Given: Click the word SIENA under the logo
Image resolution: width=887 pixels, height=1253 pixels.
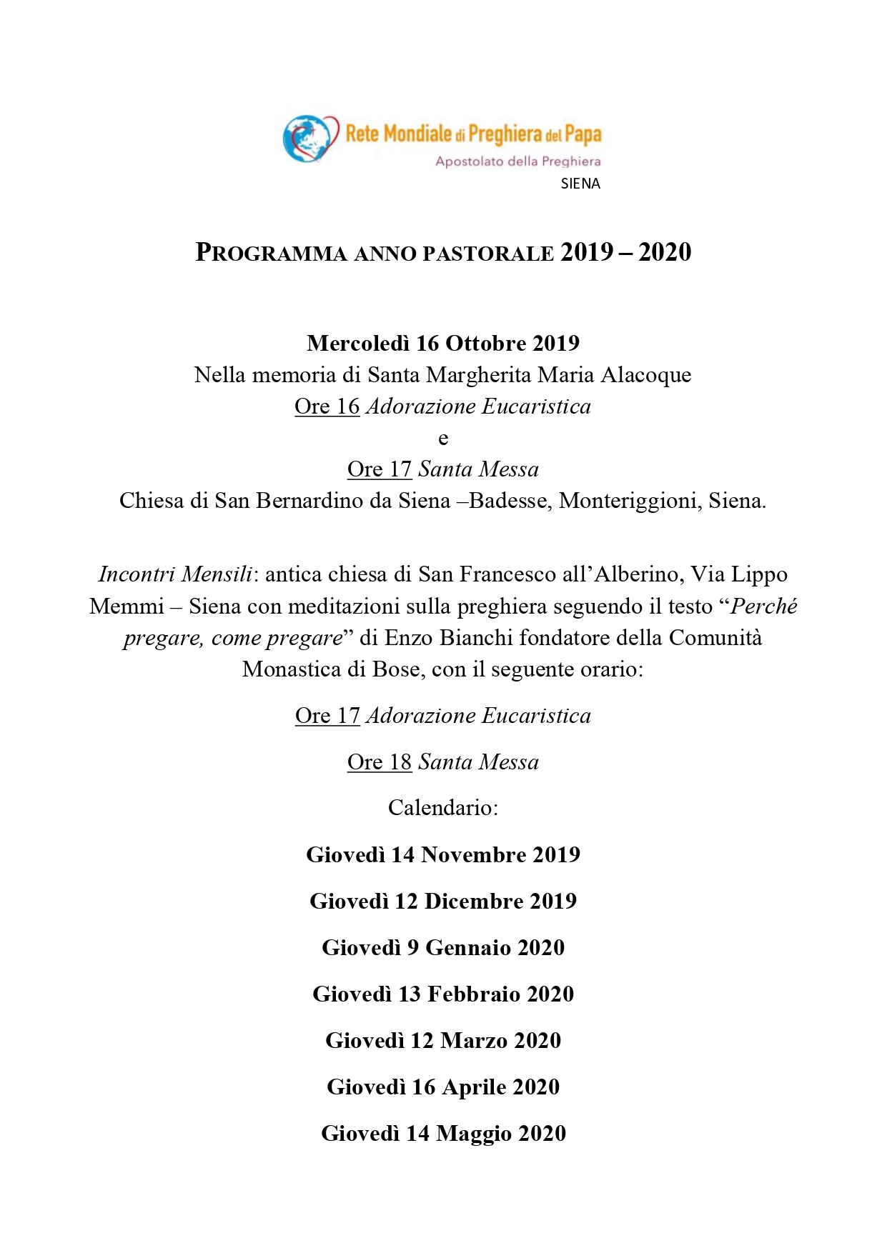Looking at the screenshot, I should pos(580,184).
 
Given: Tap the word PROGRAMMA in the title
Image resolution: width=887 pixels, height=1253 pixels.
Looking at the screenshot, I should pos(271,253).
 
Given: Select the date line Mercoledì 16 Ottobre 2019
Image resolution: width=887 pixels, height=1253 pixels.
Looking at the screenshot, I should pos(443,344).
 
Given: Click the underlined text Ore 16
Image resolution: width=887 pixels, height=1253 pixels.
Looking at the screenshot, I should pos(327,406).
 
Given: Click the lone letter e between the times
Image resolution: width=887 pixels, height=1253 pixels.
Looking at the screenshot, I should pos(443,439).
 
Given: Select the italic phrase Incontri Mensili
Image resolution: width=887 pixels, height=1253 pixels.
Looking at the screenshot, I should pos(175,574).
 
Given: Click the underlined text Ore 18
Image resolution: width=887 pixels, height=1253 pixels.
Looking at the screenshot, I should pos(380,762).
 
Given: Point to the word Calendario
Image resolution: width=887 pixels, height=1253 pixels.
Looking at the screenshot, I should pos(443,808).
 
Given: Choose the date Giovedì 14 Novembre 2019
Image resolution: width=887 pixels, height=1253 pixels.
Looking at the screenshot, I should pos(443,855).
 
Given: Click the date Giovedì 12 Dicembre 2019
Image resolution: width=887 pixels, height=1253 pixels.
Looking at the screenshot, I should pos(443,902).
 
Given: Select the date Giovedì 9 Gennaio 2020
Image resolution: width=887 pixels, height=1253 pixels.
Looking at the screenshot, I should pos(443,948).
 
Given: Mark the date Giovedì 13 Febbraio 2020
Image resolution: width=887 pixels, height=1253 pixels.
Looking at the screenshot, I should pos(443,994).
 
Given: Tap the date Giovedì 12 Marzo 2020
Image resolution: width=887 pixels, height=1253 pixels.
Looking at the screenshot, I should pos(443,1041).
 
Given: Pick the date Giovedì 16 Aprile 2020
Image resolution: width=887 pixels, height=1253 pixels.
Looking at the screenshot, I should pos(443,1087).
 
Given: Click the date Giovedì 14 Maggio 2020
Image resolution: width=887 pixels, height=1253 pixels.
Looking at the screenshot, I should pos(443,1134).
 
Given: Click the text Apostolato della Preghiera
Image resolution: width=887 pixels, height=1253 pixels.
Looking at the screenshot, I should pos(518,161).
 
